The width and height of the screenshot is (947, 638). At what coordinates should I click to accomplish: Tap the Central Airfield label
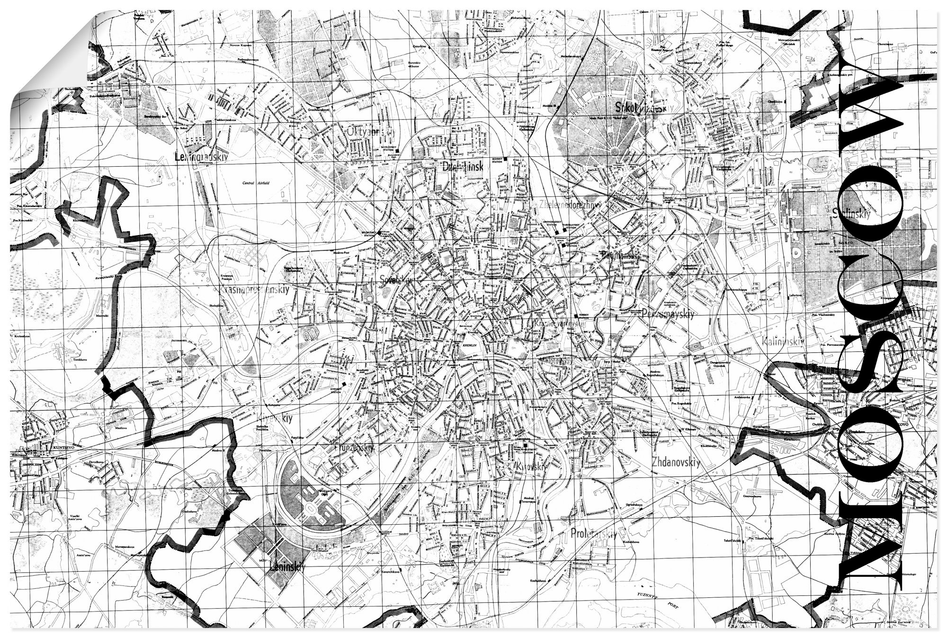tap(255, 183)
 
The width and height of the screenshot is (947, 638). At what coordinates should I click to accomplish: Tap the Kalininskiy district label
tap(782, 341)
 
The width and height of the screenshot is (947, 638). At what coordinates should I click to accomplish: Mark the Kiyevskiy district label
tap(274, 418)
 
